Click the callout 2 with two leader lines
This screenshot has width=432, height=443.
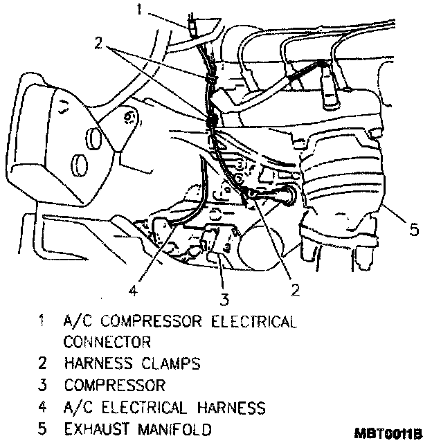pos(100,43)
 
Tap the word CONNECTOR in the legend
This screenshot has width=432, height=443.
pos(107,341)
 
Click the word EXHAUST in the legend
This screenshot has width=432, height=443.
pos(96,428)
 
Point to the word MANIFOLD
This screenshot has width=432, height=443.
pos(172,428)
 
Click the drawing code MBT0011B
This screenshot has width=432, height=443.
pos(387,434)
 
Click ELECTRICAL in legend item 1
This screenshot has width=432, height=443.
pos(255,320)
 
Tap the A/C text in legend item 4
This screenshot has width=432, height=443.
pos(77,406)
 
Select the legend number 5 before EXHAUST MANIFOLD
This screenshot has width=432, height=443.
pos(43,428)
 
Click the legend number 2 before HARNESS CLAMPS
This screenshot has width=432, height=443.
pos(43,363)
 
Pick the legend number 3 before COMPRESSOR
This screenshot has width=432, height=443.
pos(43,385)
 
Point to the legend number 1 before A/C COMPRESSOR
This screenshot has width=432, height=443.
pos(43,320)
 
